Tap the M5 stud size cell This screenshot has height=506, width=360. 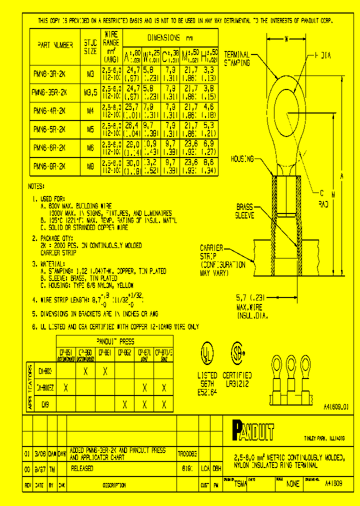(x=90, y=129)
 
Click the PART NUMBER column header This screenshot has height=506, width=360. (x=55, y=44)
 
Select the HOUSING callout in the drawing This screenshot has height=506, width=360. (x=242, y=158)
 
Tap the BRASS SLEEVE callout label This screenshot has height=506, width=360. (x=245, y=211)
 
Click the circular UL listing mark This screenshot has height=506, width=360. (x=206, y=352)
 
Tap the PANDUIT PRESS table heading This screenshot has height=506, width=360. (x=114, y=341)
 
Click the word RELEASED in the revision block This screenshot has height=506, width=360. (x=82, y=469)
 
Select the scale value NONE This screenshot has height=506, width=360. (x=293, y=483)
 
